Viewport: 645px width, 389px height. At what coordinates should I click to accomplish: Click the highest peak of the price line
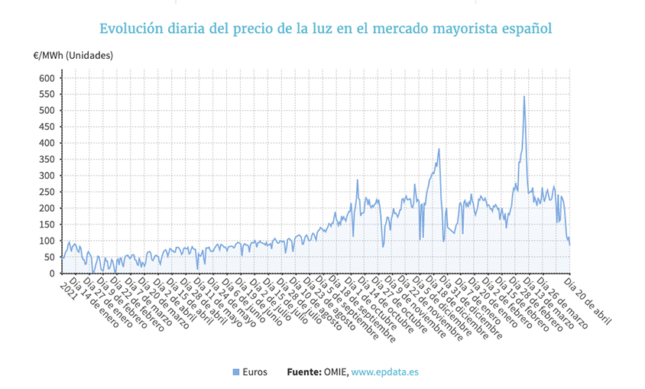point(524,96)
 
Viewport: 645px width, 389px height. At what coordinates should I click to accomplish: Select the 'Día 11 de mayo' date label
point(226,303)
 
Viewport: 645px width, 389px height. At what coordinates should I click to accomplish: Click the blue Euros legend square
point(236,372)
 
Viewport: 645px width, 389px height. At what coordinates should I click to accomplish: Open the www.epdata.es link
point(385,372)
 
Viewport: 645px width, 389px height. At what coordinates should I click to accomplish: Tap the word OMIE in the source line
point(336,372)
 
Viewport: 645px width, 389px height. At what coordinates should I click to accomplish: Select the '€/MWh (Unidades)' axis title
point(73,56)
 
